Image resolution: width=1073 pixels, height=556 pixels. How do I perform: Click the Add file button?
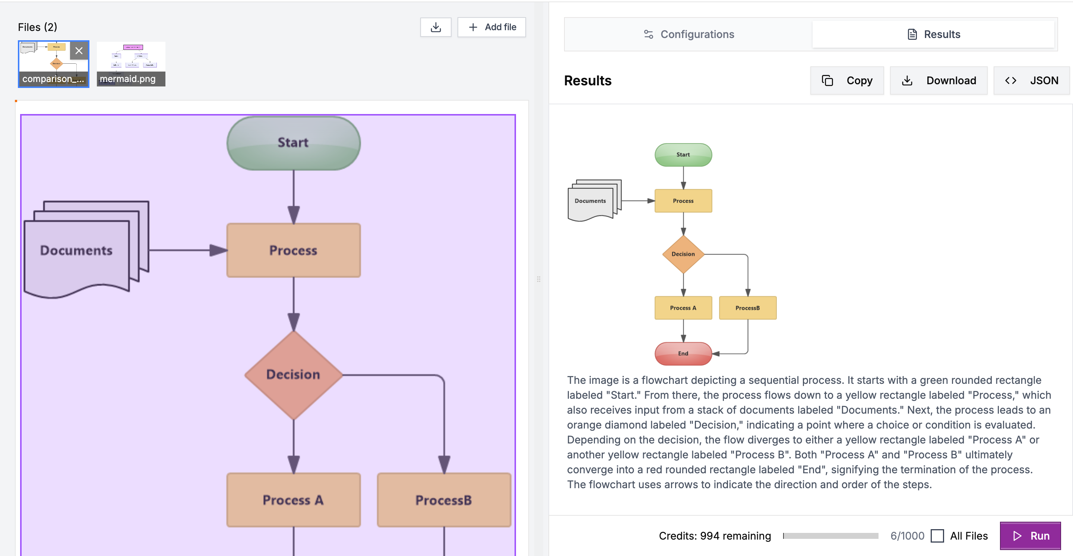click(491, 27)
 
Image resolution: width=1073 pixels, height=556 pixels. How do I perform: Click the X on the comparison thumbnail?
click(79, 51)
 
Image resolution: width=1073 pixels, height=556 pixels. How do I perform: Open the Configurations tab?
click(689, 34)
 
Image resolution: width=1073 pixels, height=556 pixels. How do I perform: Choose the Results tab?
click(933, 34)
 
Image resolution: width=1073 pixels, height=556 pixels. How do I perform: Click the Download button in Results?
click(939, 80)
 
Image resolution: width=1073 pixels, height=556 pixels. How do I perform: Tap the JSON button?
click(1031, 80)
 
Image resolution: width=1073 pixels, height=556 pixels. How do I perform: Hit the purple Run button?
click(1030, 536)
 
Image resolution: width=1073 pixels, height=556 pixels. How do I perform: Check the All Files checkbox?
click(937, 536)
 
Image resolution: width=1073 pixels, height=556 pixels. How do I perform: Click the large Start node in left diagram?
click(293, 143)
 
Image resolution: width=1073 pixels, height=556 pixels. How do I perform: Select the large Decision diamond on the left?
click(293, 375)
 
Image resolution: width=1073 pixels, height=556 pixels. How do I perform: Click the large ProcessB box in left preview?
click(444, 500)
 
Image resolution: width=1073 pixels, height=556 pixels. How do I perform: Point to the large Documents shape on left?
click(77, 250)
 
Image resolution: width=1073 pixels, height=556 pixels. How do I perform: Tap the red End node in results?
click(683, 354)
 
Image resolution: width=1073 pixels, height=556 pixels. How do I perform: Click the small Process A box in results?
click(683, 308)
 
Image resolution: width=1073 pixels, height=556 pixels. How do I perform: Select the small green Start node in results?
click(683, 155)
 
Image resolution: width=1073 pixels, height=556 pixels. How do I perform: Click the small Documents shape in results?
click(590, 201)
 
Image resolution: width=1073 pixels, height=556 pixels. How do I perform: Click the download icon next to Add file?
click(436, 27)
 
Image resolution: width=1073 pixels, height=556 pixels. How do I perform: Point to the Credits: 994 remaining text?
click(715, 536)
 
